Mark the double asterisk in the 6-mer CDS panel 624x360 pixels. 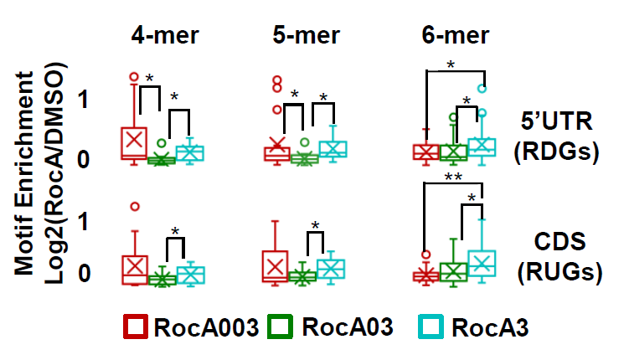tap(454, 179)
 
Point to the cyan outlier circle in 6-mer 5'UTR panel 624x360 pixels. tap(482, 88)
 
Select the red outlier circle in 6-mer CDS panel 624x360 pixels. tap(425, 255)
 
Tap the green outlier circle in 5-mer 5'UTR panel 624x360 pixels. tap(305, 143)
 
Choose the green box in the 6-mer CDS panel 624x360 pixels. tap(453, 271)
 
